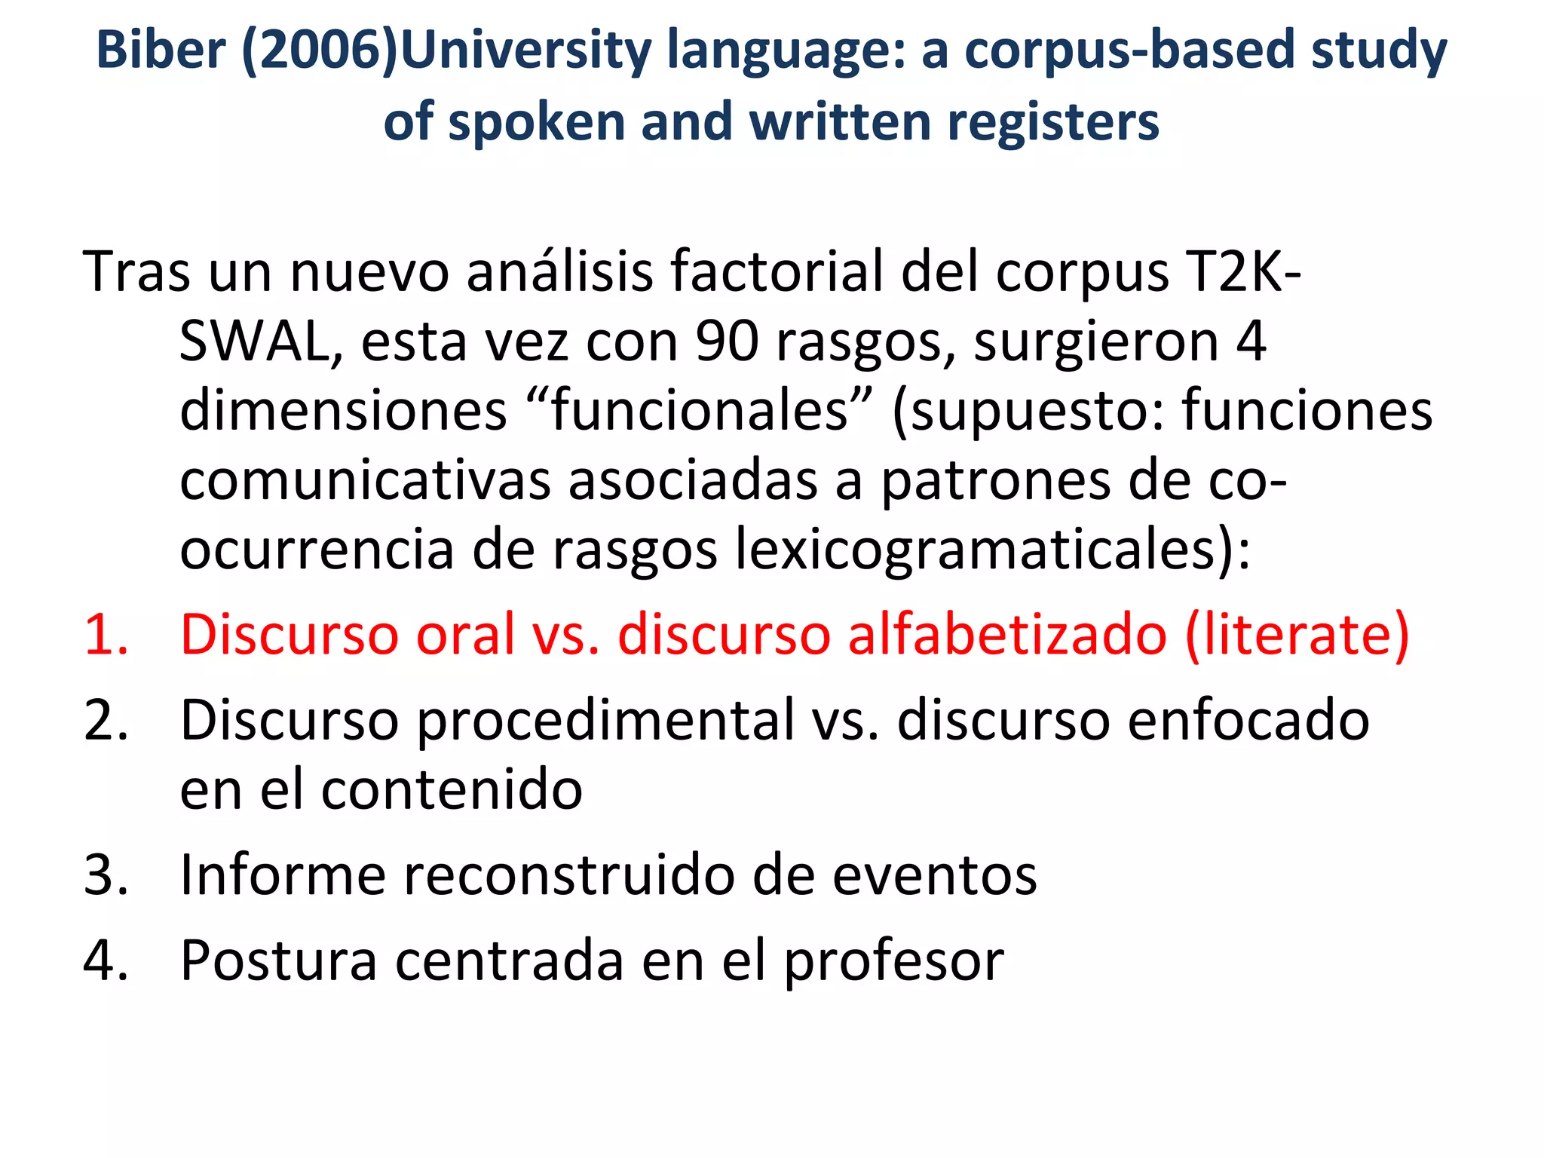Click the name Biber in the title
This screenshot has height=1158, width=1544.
point(161,51)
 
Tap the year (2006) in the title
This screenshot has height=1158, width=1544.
point(320,51)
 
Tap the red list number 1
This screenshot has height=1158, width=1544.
point(106,634)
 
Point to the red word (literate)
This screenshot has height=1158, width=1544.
point(1297,634)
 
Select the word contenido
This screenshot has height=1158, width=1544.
point(452,789)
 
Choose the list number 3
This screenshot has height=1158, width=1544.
point(106,875)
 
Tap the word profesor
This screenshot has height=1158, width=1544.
point(893,961)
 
